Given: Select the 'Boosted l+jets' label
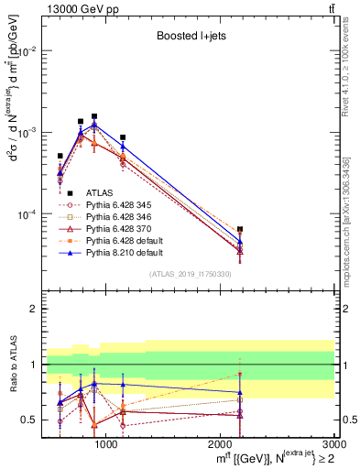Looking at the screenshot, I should coord(191,38).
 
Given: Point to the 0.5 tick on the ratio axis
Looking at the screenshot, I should coord(32,420).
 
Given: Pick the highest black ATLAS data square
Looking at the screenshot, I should coord(94,116).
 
